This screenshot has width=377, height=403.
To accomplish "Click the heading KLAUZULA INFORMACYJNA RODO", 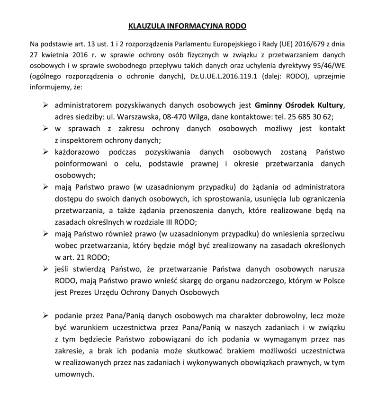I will coord(188,26).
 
